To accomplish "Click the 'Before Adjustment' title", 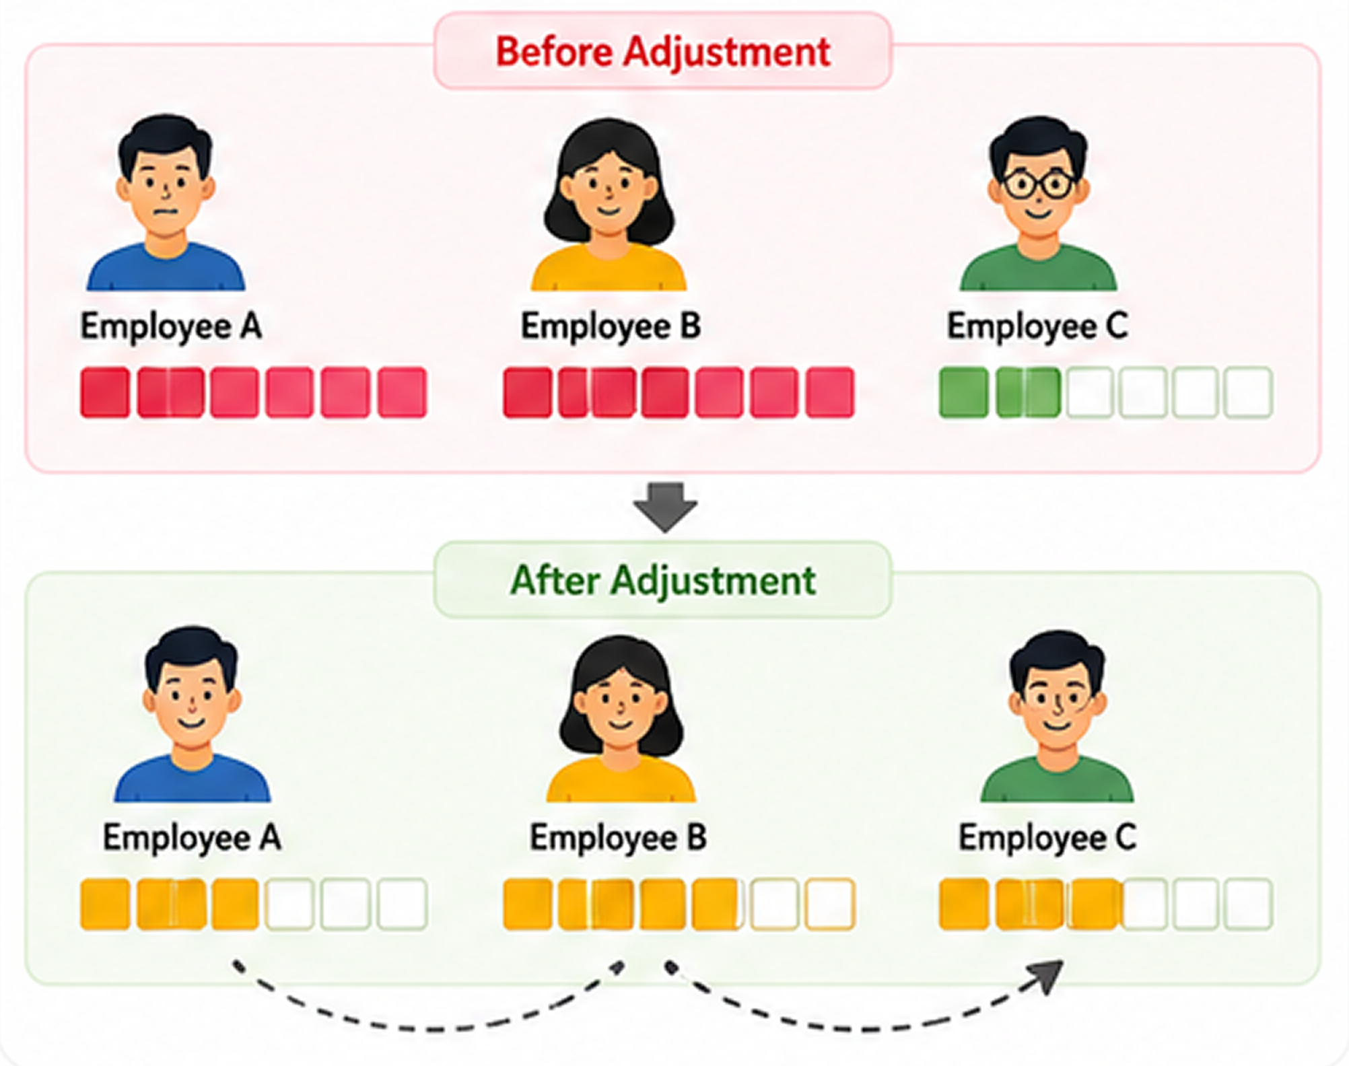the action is (663, 52).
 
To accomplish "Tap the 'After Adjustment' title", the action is (663, 580).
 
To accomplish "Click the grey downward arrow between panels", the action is (665, 507).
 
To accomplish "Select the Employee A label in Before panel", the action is (171, 327).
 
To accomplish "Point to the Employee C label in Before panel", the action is (1037, 327).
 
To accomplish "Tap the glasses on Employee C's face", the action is (1039, 184).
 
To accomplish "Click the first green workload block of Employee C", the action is (964, 392).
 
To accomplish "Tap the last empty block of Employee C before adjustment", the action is (1248, 392).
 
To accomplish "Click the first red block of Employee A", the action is (105, 392).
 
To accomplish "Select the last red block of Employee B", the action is (830, 392).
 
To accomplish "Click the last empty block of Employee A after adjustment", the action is (403, 904).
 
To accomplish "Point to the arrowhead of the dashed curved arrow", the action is (1047, 976).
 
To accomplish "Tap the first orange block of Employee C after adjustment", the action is (964, 904).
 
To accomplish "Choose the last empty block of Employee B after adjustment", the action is (830, 904).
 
